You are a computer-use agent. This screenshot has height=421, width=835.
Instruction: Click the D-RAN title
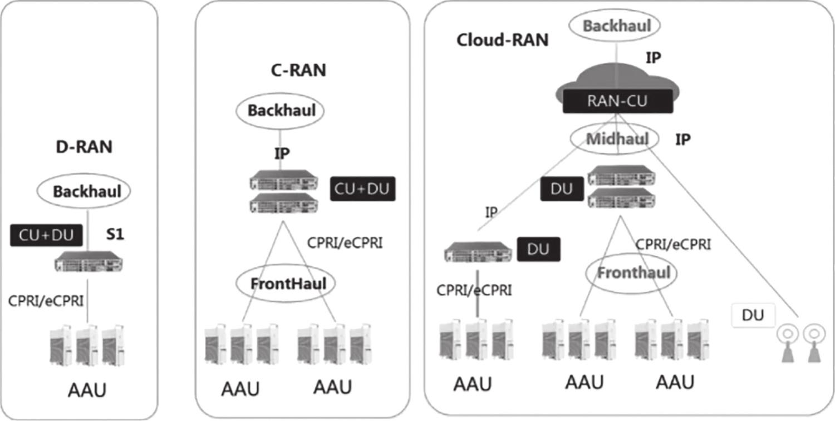[84, 147]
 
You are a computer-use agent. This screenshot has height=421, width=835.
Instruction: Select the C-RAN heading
[298, 70]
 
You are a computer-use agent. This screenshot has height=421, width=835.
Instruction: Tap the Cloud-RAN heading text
[503, 40]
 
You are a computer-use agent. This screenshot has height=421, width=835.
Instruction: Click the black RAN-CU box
[618, 101]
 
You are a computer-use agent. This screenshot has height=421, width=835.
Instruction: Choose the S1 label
[115, 234]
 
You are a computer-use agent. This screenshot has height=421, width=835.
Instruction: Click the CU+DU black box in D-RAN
[46, 235]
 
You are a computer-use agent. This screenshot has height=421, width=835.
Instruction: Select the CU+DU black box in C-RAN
[363, 189]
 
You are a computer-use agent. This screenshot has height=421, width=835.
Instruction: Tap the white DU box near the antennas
[753, 315]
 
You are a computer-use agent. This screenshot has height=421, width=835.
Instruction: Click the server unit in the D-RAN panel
[89, 261]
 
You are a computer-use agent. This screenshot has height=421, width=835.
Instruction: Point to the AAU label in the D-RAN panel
[87, 390]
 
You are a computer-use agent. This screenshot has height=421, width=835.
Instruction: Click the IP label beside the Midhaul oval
[683, 140]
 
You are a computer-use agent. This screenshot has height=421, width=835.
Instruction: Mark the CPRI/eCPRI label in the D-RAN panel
[46, 301]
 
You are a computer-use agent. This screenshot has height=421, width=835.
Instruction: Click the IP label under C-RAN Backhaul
[282, 153]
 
